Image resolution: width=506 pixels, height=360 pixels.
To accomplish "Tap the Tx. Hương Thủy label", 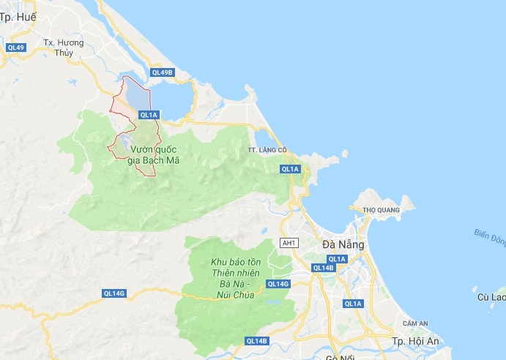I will tap(64, 48).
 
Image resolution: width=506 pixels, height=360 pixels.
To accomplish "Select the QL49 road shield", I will tap(16, 48).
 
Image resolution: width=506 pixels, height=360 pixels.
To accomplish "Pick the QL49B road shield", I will tap(162, 72).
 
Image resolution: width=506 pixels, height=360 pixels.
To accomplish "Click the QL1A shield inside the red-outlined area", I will tap(149, 114).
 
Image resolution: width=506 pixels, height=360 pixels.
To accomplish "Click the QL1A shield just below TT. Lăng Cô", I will tap(290, 169).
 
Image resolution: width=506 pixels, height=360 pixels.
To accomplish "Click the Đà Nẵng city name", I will tap(345, 245).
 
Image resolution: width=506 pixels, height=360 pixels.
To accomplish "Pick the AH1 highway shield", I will tap(290, 242).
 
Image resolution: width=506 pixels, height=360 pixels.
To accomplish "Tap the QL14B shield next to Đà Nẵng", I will tap(324, 268).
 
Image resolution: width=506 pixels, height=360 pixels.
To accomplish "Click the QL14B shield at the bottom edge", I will tap(257, 341).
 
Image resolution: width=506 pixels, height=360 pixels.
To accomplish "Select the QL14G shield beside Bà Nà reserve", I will tap(279, 284).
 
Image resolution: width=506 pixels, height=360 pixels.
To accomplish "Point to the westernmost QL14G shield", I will tap(114, 293).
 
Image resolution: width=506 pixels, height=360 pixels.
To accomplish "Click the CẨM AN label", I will tap(414, 323).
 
